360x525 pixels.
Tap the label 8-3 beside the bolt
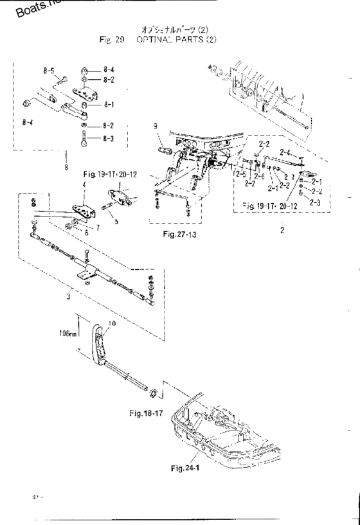point(109,138)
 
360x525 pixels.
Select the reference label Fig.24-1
point(186,467)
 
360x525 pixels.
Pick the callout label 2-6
point(259,176)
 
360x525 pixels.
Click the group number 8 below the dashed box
point(67,170)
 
